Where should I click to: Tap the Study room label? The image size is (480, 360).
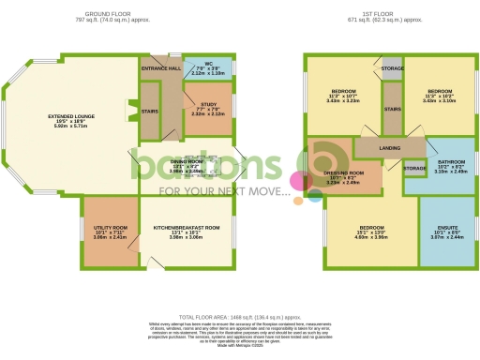pos(209,105)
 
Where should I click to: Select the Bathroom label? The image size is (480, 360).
pos(449,161)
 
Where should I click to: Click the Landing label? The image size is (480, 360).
pos(390,147)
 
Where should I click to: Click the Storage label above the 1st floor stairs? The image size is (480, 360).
pos(393,68)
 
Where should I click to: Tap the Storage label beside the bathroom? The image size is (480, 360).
pos(414,168)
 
